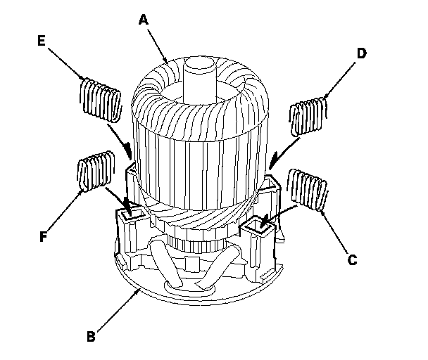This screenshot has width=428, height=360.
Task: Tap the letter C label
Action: pyautogui.click(x=352, y=259)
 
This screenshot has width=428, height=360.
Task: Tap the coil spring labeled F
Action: pyautogui.click(x=94, y=172)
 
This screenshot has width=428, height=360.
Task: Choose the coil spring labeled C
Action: pyautogui.click(x=310, y=189)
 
